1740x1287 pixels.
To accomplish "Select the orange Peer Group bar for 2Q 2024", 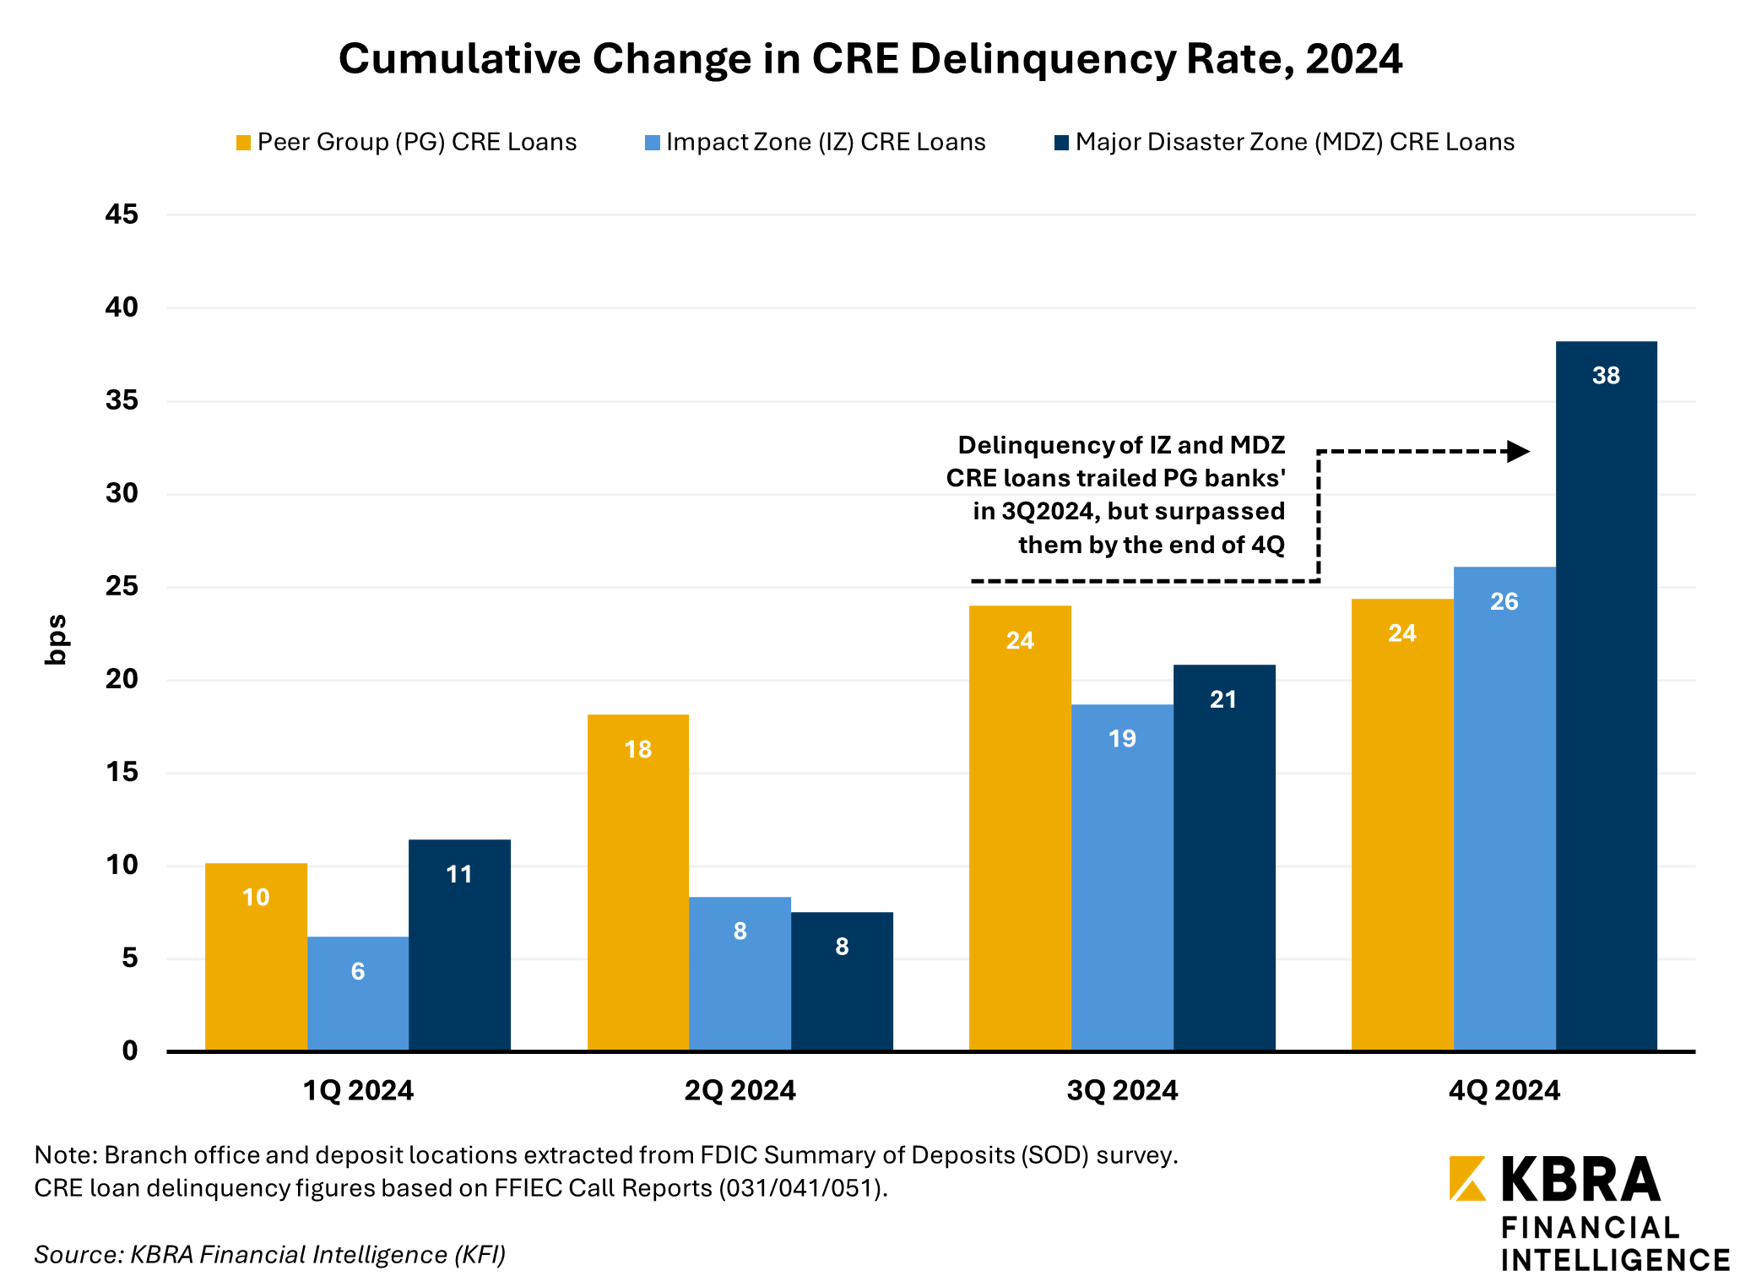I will (637, 882).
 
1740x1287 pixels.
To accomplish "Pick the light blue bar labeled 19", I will (1122, 878).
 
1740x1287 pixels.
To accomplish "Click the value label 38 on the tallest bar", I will (1606, 376).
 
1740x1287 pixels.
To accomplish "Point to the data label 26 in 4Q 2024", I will (1504, 602).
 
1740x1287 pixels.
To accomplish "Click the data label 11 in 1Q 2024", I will (459, 874).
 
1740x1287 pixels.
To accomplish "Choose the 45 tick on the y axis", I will (122, 214).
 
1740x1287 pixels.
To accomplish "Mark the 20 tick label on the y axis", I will (122, 679).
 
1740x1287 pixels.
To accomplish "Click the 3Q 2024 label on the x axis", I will (1122, 1090).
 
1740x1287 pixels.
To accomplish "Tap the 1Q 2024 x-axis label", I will (358, 1090).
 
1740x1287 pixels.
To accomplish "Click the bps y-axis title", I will (56, 639).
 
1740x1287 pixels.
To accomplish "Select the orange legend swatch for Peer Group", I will (243, 143).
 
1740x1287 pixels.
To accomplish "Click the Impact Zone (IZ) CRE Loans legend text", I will (825, 142).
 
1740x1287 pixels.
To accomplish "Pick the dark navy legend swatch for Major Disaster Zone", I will (1061, 143).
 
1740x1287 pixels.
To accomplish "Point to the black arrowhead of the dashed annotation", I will (1518, 451).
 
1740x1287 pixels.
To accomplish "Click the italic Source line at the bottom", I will (269, 1255).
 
